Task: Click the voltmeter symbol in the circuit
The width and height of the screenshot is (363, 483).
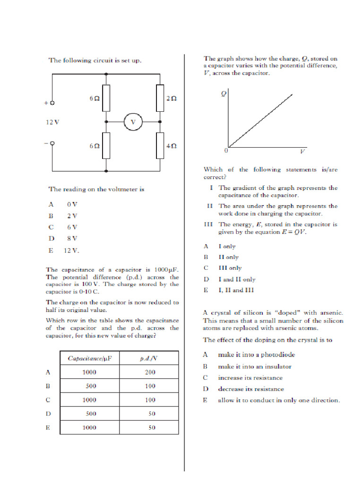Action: click(133, 122)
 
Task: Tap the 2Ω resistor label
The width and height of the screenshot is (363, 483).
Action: click(171, 99)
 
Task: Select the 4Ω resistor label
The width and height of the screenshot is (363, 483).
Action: click(171, 146)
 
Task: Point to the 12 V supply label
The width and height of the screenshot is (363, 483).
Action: click(52, 122)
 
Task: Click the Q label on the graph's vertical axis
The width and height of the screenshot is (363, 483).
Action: click(224, 93)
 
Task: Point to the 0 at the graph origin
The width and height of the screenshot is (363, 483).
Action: click(225, 151)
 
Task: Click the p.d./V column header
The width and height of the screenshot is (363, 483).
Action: click(149, 358)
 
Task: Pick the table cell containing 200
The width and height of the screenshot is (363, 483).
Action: click(149, 372)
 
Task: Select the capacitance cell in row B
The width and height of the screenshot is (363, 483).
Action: click(91, 386)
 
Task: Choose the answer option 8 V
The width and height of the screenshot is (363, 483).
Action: click(72, 239)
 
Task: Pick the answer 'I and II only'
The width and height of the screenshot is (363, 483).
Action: click(236, 279)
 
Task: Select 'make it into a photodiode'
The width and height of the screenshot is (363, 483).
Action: click(258, 354)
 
